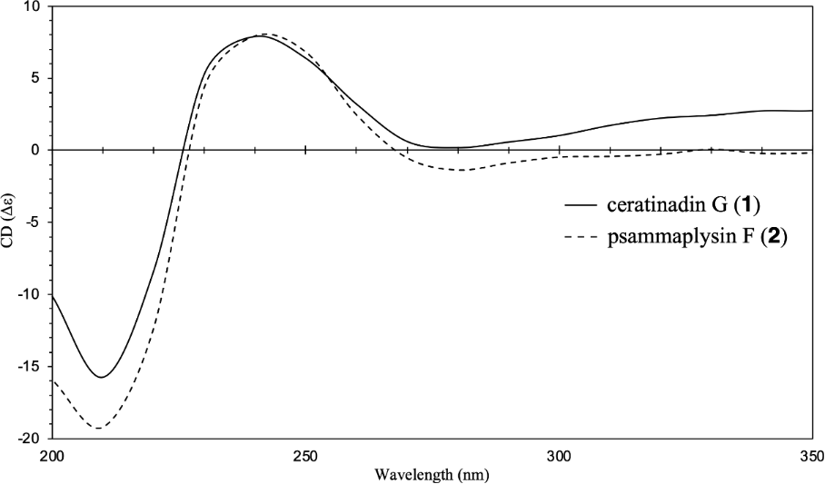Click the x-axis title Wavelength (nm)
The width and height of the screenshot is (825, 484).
tap(431, 473)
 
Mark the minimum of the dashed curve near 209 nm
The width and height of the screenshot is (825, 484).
tap(96, 429)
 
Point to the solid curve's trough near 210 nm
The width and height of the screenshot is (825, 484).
tap(102, 377)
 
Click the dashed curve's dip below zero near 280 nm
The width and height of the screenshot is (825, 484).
tap(462, 170)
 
